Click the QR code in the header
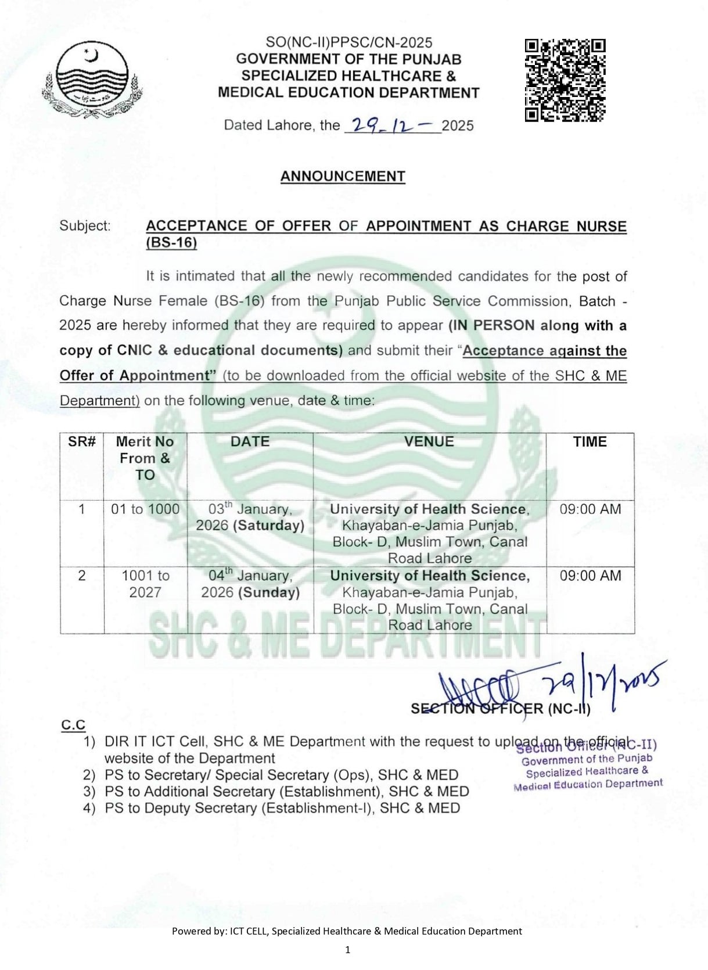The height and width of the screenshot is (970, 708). [x=565, y=80]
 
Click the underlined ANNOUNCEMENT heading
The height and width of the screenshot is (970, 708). [x=343, y=177]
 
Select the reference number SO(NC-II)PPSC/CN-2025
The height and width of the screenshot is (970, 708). [x=348, y=42]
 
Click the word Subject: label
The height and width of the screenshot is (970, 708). [x=85, y=226]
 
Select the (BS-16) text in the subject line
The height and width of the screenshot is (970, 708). [x=171, y=243]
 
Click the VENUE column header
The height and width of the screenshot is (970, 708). [x=429, y=441]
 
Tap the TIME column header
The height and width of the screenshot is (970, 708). [x=590, y=441]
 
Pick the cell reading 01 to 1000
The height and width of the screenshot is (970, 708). [x=145, y=509]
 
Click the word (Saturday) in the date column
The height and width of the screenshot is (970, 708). [x=269, y=526]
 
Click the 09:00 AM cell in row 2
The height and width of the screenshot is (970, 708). [x=590, y=576]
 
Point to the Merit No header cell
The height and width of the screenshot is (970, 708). [x=145, y=458]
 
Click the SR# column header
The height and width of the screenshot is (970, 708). [x=82, y=441]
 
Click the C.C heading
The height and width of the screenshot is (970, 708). [x=74, y=725]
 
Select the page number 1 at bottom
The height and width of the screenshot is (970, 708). [x=347, y=950]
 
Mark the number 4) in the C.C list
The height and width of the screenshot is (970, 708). [x=89, y=809]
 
